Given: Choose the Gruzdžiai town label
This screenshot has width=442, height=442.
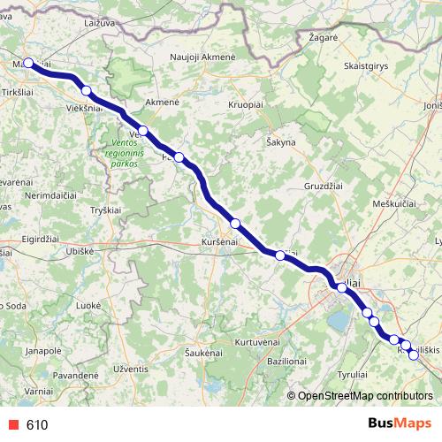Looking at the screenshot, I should pyautogui.click(x=325, y=187).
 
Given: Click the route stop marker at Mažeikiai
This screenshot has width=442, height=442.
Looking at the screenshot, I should pyautogui.click(x=28, y=63).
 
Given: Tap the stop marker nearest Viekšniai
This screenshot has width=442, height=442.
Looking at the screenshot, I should pyautogui.click(x=86, y=90).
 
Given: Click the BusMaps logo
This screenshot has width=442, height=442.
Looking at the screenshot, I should pyautogui.click(x=395, y=423).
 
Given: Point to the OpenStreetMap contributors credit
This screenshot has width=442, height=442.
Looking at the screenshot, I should pyautogui.click(x=364, y=396).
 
